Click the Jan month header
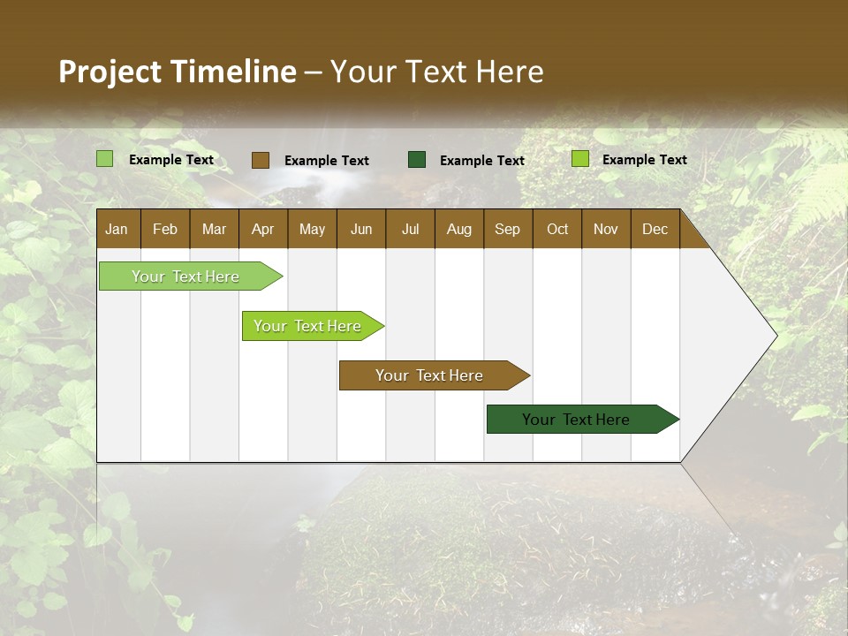(117, 230)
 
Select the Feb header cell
(165, 230)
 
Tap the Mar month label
(214, 230)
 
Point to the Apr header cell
(263, 230)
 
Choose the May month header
(312, 230)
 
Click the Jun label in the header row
(361, 230)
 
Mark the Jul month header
(410, 230)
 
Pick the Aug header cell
(459, 230)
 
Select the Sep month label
(508, 230)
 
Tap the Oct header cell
(557, 230)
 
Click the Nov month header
(606, 230)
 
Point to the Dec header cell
(655, 230)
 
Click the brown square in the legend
(261, 160)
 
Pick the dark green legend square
(417, 160)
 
